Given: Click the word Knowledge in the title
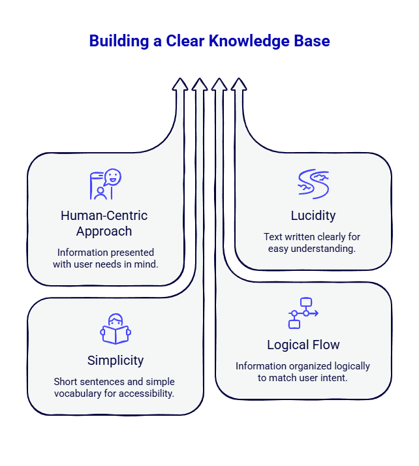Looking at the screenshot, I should coord(249,41).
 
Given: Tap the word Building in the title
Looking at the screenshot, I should coord(115,41).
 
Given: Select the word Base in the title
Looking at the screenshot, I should coord(311,41).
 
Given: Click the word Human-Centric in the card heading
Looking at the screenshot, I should coord(104,216).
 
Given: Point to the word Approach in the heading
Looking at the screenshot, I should coord(104,231).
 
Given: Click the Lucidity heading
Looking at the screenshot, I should coord(313,216).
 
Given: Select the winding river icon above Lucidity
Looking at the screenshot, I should coord(313,183).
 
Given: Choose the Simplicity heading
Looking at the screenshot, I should coord(116,360).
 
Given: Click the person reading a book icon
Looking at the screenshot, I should coord(116,329).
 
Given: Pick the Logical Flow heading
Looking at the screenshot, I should coord(303,345).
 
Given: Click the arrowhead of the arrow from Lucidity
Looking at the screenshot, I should coord(239,84).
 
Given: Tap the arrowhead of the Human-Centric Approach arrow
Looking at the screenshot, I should coord(180,84).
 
